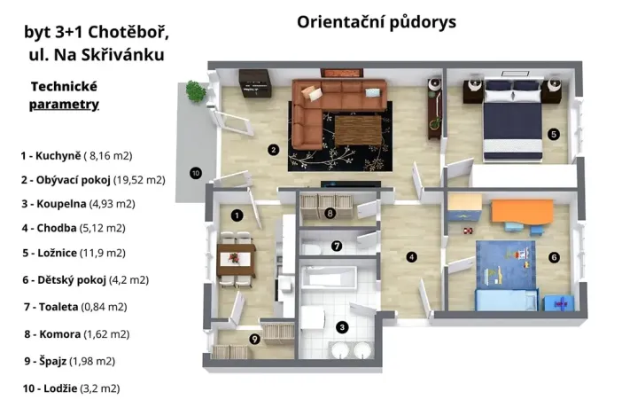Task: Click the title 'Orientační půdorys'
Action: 377,21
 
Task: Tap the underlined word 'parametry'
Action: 64,105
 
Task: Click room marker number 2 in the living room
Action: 274,149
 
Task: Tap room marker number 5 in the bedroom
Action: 553,135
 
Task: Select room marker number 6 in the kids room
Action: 554,258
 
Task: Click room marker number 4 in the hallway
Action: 411,258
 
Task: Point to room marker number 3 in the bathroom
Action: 341,326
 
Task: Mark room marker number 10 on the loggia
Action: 196,172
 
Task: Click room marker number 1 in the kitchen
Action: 237,215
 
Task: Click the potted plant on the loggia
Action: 193,90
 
